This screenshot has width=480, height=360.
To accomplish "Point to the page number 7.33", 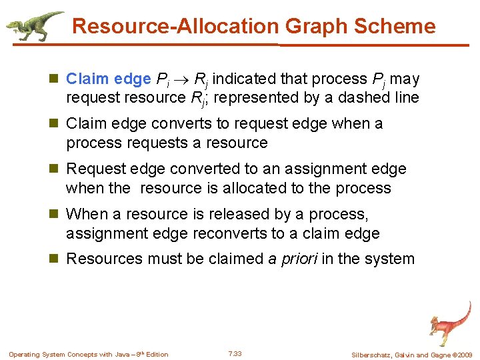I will [x=235, y=353].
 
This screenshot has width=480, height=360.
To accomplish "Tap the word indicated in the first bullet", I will [x=245, y=79].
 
